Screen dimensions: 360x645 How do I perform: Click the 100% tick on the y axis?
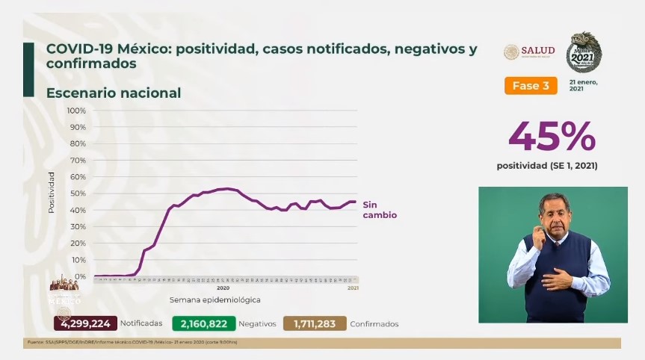click(x=76, y=111)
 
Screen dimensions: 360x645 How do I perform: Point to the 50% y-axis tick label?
click(x=78, y=193)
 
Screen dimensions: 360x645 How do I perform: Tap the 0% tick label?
click(x=80, y=276)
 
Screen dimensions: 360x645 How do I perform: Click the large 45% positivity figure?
click(x=552, y=136)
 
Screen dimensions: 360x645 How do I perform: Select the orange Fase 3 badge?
click(x=531, y=86)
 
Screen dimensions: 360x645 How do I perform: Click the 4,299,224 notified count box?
click(x=85, y=323)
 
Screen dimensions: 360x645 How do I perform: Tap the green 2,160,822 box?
click(x=203, y=323)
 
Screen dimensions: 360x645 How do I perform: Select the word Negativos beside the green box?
click(x=258, y=324)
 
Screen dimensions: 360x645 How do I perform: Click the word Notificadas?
click(x=141, y=324)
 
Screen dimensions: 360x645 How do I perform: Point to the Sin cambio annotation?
click(x=379, y=209)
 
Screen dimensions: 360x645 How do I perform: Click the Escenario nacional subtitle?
click(x=114, y=93)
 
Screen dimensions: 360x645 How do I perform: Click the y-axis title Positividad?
click(x=52, y=193)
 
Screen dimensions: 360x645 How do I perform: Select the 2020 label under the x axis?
click(x=223, y=288)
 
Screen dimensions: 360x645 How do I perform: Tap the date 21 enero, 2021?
click(x=584, y=84)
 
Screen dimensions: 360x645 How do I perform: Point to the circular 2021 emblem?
click(x=584, y=52)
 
